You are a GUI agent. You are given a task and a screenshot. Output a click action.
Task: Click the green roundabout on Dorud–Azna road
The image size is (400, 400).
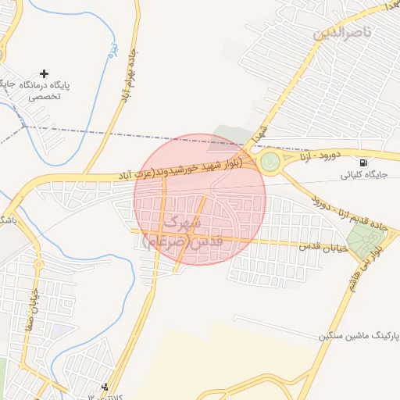click(270, 162)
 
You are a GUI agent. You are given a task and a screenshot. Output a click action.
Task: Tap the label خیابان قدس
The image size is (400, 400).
click(320, 245)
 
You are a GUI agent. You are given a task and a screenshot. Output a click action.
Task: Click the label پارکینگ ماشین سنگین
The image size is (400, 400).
click(358, 335)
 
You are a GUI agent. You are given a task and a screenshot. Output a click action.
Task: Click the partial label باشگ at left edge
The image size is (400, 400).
click(8, 220)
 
